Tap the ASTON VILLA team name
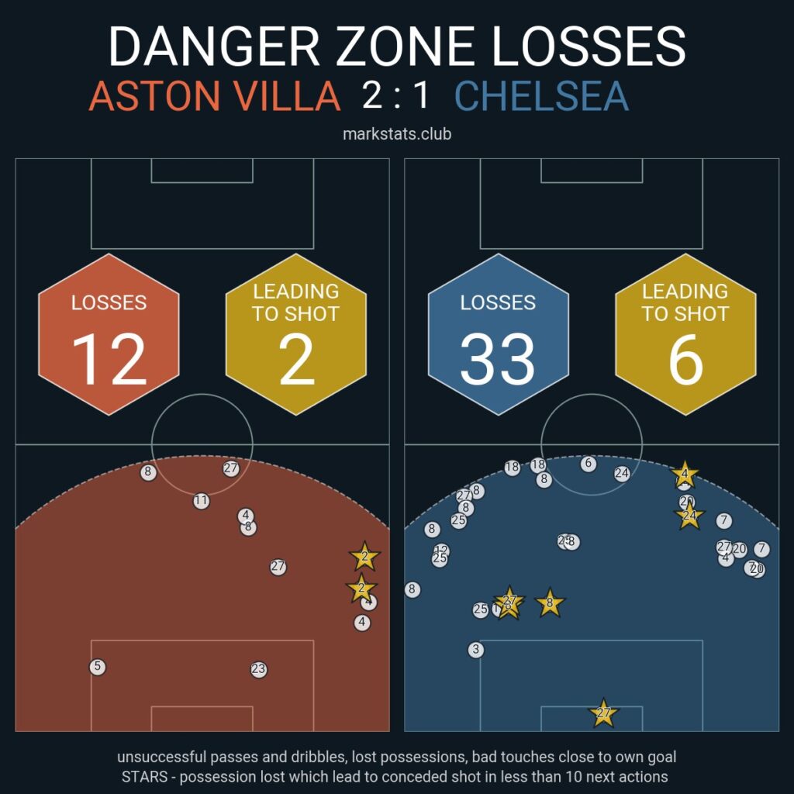215,96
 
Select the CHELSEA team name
542,96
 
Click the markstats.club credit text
397,134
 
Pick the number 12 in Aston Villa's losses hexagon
109,360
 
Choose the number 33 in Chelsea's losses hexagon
498,360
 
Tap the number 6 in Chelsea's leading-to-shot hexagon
685,360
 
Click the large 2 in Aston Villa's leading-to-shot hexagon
296,360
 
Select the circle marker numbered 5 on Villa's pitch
97,667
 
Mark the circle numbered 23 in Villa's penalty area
259,669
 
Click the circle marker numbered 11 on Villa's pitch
202,501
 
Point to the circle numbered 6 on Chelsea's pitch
589,464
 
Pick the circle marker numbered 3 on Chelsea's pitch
476,650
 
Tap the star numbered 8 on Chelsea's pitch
550,602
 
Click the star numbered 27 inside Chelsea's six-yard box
603,713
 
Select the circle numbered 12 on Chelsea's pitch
442,550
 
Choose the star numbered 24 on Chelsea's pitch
689,515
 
